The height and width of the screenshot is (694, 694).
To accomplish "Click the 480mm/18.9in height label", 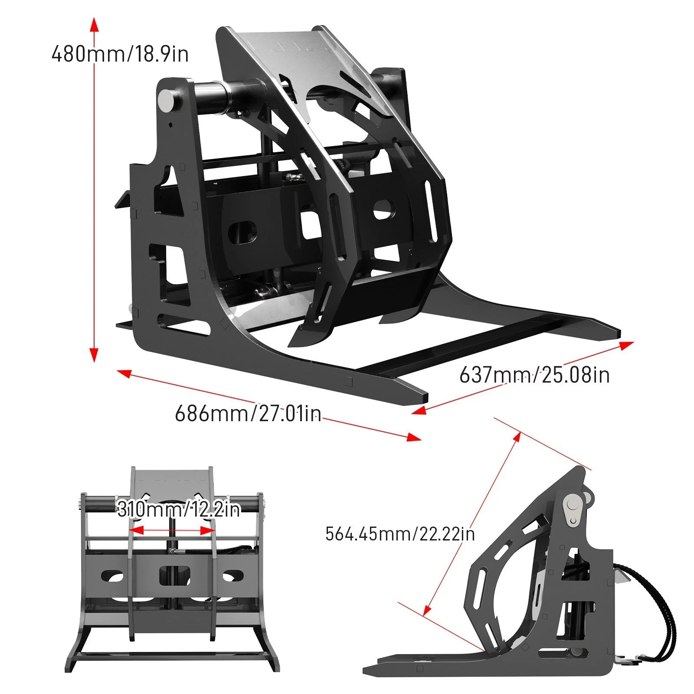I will click(x=120, y=54).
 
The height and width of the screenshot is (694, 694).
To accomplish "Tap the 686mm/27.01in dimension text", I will click(x=248, y=413).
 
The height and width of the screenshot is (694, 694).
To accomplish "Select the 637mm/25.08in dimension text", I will click(x=534, y=375).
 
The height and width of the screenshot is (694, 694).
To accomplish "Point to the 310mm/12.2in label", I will click(x=178, y=509).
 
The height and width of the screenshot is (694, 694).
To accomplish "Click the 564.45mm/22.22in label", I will click(x=400, y=534).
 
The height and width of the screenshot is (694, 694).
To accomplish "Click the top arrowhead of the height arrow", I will click(x=94, y=24).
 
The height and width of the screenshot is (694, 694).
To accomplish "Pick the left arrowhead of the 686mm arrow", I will click(x=124, y=373).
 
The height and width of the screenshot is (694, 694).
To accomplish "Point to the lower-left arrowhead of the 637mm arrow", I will click(x=418, y=410).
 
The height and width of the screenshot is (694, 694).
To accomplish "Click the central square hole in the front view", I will click(x=174, y=575).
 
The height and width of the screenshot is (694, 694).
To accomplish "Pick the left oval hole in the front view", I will click(x=112, y=576).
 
